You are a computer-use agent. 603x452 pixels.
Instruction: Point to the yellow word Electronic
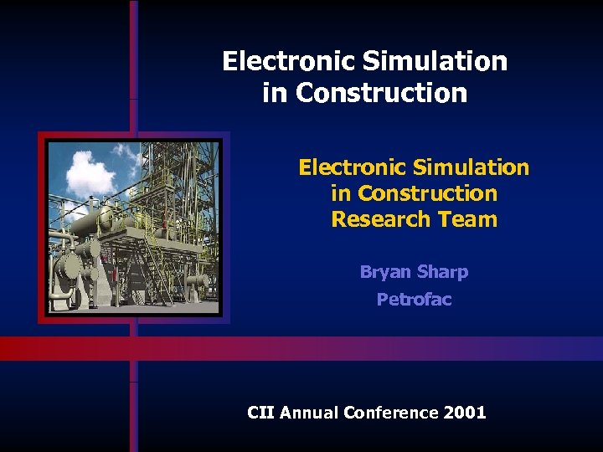350,167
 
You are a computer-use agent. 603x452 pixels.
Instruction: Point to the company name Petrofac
414,299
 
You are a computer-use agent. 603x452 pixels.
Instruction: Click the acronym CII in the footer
260,412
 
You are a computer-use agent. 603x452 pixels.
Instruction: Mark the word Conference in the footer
391,412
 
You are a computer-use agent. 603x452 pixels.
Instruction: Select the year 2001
465,412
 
